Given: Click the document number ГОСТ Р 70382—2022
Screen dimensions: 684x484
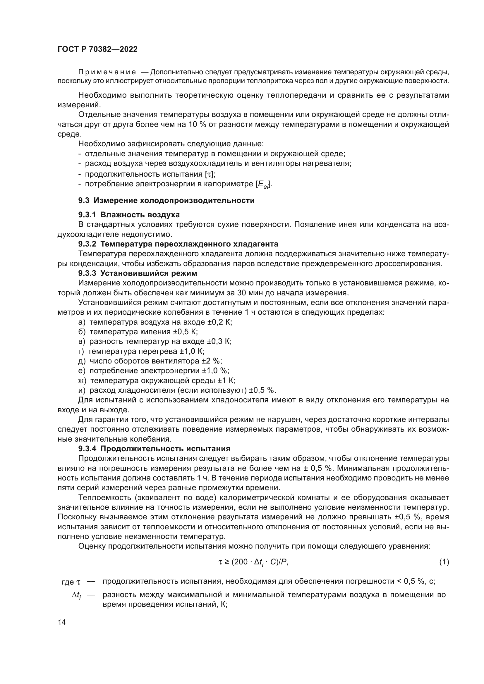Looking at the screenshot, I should (x=97, y=49).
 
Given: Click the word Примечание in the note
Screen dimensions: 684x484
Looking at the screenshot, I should (x=107, y=72).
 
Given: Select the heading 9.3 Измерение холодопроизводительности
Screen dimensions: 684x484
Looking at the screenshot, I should (x=166, y=201).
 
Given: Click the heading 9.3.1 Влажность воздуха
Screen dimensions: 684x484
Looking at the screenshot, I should (x=129, y=214).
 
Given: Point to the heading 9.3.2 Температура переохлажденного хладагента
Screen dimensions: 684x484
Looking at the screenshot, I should (x=178, y=244).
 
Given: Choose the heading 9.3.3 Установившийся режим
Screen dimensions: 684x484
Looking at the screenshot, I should (x=138, y=273).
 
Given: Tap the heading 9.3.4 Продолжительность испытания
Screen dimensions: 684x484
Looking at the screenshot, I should (x=154, y=449).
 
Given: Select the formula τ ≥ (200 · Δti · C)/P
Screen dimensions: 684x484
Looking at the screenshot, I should (x=253, y=562).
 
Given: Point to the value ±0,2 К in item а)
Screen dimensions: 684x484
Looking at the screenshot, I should (x=219, y=322).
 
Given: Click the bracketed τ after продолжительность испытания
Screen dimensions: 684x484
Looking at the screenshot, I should (x=208, y=174).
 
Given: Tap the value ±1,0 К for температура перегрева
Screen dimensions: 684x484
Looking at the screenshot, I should (x=192, y=351).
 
